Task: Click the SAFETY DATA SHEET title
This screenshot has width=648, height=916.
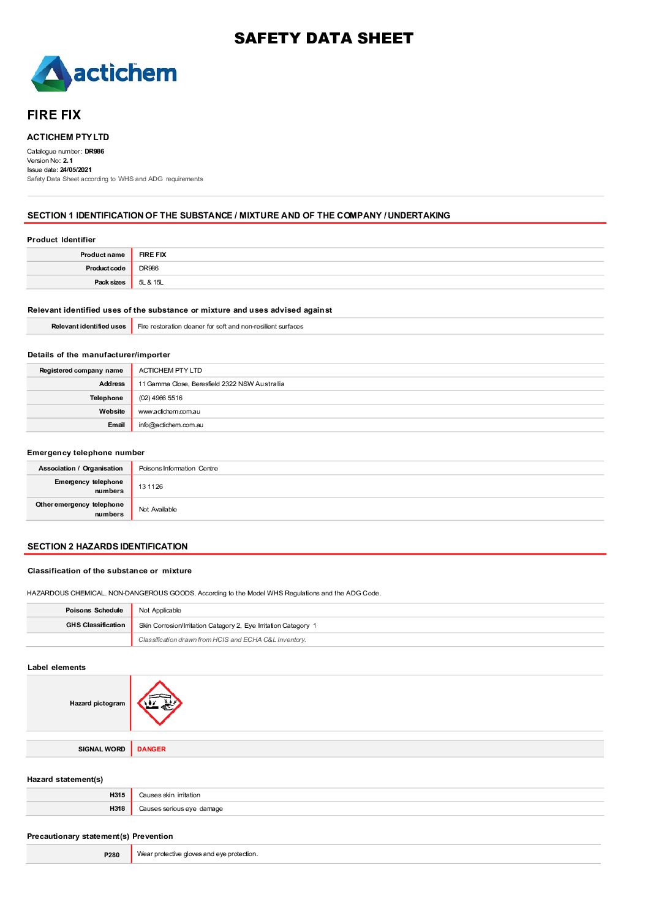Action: pyautogui.click(x=323, y=39)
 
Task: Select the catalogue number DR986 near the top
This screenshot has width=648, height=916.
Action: pyautogui.click(x=94, y=151)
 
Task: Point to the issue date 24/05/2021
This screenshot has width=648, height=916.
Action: pyautogui.click(x=76, y=169)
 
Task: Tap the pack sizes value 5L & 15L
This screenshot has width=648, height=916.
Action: pyautogui.click(x=151, y=282)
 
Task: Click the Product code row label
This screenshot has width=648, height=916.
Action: pyautogui.click(x=105, y=268)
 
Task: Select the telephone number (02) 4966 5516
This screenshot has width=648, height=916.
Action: pyautogui.click(x=160, y=398)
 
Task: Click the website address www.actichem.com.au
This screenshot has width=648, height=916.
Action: pyautogui.click(x=169, y=411)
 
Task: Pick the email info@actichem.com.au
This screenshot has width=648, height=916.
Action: pyautogui.click(x=171, y=425)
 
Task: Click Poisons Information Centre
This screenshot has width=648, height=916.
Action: pyautogui.click(x=178, y=468)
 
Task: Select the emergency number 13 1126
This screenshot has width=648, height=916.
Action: pyautogui.click(x=151, y=486)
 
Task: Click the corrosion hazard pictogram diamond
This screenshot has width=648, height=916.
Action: pyautogui.click(x=159, y=703)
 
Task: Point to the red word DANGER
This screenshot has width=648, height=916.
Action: pyautogui.click(x=151, y=749)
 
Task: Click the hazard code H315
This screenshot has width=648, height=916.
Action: pyautogui.click(x=117, y=795)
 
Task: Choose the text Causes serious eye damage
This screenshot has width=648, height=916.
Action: pyautogui.click(x=181, y=808)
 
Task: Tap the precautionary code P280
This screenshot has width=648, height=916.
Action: pyautogui.click(x=111, y=855)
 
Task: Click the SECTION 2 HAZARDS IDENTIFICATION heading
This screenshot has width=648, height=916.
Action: pyautogui.click(x=108, y=546)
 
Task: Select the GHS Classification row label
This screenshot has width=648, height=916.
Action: pyautogui.click(x=96, y=625)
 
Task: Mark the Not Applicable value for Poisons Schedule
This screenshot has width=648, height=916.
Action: pyautogui.click(x=160, y=610)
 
